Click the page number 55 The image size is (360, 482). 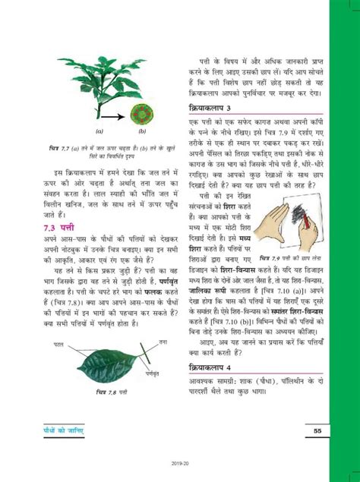316,432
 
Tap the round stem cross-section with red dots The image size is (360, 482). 141,116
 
